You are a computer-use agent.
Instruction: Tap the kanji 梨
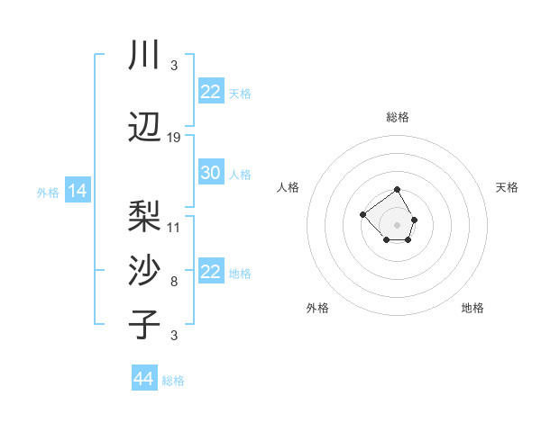[144, 216]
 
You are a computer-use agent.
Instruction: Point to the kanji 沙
[144, 270]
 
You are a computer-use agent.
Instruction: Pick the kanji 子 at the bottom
[144, 324]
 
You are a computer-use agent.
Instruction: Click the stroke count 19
[174, 138]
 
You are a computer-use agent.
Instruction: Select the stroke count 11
[174, 227]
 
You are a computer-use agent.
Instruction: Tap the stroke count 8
[174, 282]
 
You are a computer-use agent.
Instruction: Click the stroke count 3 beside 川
[174, 66]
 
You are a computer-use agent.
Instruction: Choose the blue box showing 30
[210, 173]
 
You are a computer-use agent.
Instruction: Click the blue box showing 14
[77, 191]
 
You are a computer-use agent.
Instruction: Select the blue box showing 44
[143, 379]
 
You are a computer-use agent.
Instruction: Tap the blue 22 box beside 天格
[210, 92]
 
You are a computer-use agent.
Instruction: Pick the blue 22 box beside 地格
[210, 272]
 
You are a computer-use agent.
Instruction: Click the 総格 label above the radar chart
[398, 117]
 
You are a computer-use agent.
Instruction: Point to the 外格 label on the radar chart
[317, 308]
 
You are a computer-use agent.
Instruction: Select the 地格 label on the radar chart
[472, 308]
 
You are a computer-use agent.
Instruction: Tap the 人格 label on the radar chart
[289, 187]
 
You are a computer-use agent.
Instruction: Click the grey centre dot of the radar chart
[398, 224]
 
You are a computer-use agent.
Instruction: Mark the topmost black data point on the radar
[398, 190]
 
